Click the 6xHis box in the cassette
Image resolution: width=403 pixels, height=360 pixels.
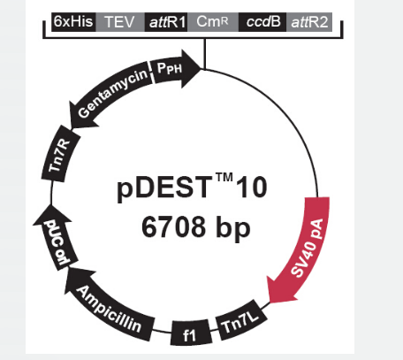pos(73,22)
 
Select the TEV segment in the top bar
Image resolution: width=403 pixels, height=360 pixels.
pos(120,22)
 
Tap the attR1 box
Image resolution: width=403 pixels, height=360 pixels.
pos(166,22)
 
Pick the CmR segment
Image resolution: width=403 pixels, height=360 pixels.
pos(213,22)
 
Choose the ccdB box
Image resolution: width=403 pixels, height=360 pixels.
pos(262,22)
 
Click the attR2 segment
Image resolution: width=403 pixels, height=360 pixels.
pos(309,22)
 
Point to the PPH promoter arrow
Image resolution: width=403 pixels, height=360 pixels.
pos(175,69)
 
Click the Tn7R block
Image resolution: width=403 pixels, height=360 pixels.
pos(60,154)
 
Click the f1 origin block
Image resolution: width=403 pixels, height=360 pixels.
pos(191,333)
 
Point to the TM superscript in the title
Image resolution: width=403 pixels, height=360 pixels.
pos(224,178)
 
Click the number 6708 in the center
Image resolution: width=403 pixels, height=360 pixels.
pos(173,227)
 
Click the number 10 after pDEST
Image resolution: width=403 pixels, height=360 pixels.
pos(252,188)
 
